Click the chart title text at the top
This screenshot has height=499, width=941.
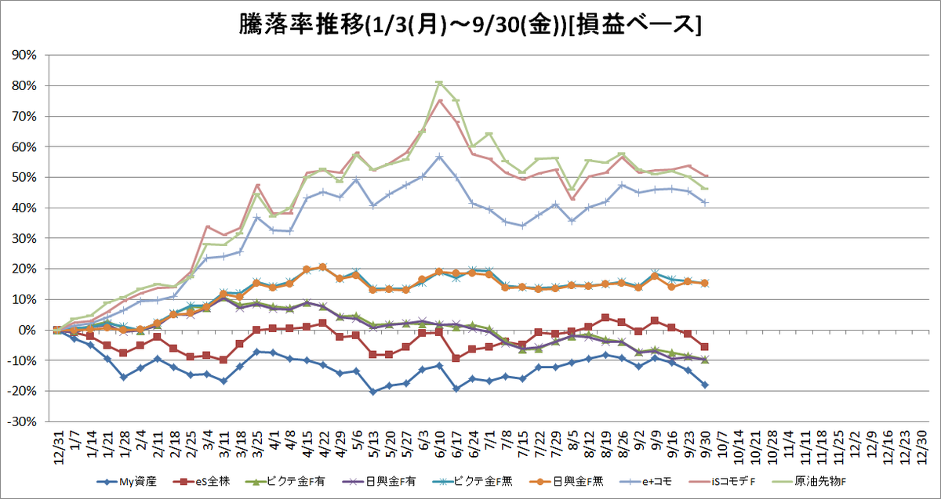coord(470,25)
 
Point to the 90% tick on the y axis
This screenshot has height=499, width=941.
coord(24,55)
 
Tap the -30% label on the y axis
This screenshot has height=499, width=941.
coord(22,421)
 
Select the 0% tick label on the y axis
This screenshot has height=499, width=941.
coord(27,331)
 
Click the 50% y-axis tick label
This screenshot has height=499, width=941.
coord(24,177)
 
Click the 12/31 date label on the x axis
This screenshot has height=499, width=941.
coord(59,447)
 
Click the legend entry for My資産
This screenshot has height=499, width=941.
coord(126,482)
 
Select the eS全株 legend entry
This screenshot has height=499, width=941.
coord(202,482)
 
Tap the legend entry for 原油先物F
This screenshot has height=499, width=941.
coord(809,482)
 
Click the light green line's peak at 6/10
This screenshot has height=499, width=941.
coord(439,83)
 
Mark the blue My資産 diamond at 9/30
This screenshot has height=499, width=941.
coord(705,385)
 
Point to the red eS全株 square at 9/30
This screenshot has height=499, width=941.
coord(705,347)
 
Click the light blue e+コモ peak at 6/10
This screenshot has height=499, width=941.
coord(439,157)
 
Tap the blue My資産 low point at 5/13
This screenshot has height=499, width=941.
coord(373,392)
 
